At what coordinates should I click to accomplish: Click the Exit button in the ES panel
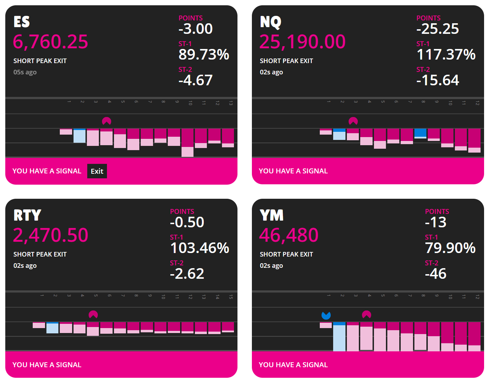97,171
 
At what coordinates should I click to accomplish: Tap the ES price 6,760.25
50,42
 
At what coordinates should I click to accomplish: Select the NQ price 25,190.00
302,42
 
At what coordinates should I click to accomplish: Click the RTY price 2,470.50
50,235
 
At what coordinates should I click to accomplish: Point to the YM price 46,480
288,235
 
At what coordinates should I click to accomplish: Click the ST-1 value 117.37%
446,55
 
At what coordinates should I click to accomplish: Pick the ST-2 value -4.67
195,80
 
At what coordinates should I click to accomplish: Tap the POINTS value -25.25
437,29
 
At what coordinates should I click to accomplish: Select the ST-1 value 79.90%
450,248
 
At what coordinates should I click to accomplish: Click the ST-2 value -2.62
187,274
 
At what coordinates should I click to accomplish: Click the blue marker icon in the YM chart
326,315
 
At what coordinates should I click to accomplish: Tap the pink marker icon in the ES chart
107,121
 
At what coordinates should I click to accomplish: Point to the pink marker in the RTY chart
93,314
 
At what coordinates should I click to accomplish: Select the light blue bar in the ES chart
80,136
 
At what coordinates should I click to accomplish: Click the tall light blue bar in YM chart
339,337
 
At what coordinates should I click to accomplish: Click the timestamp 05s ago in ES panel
25,72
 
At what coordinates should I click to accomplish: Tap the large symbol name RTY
27,215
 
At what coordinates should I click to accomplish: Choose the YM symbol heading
271,215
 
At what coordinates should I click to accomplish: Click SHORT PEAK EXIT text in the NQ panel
286,61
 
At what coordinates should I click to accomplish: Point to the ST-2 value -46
436,274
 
